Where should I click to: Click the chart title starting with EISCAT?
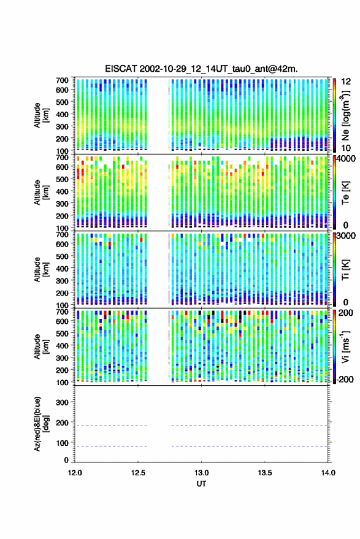tap(201, 69)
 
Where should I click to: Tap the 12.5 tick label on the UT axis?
tap(138, 473)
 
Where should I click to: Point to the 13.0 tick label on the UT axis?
tap(202, 473)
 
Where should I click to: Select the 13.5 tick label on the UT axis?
tap(265, 473)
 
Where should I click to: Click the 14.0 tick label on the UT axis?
tap(328, 473)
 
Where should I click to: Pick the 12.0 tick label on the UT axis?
tap(75, 473)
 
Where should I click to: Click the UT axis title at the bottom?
tap(202, 484)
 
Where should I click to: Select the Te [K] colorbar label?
tap(345, 193)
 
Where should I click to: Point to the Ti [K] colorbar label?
tap(345, 270)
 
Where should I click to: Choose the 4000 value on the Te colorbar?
tap(346, 159)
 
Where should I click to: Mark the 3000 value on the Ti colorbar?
tap(346, 236)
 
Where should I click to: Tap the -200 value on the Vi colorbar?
tap(343, 380)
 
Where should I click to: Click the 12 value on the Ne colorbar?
tap(347, 82)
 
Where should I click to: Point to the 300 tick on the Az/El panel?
tap(62, 402)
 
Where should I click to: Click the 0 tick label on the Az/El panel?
tap(66, 460)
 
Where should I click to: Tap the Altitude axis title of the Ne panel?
tap(40, 115)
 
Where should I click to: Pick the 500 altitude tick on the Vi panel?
tap(62, 333)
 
